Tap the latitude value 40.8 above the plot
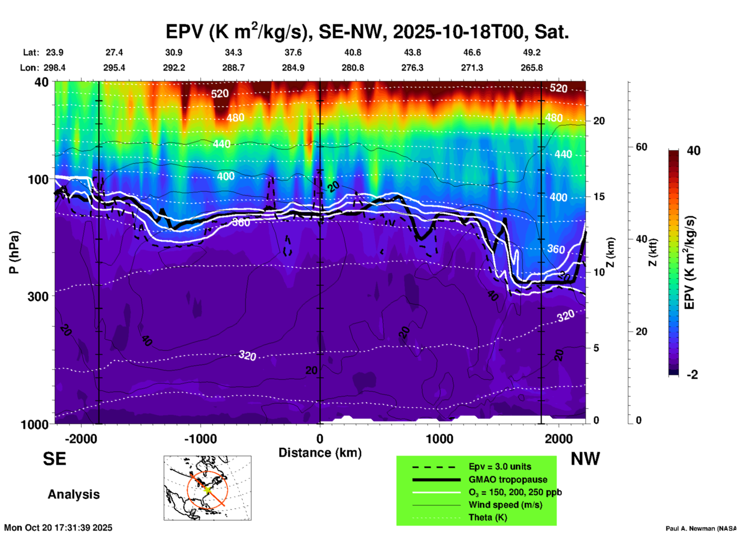point(352,52)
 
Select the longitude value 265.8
point(532,68)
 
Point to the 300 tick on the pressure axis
point(38,296)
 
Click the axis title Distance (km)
point(320,453)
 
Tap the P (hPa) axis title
point(14,252)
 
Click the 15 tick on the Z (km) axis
point(599,197)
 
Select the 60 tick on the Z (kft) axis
point(641,147)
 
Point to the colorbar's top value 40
point(693,151)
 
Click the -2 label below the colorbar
point(692,375)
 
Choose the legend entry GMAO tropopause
point(508,479)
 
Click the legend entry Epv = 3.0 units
point(500,467)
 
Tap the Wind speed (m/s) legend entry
point(505,505)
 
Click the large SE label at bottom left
point(54,459)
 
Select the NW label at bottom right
point(585,459)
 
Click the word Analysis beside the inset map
point(73,494)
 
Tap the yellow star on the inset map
point(207,489)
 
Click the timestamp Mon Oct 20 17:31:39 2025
point(58,528)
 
